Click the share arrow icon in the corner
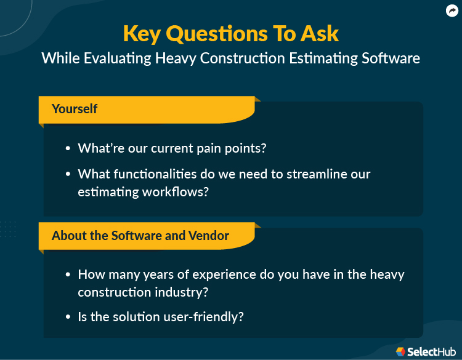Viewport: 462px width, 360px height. pos(452,10)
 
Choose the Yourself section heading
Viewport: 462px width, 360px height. pos(75,109)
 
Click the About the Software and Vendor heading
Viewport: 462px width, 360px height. pos(140,236)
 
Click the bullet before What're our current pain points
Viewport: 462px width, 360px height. pos(68,148)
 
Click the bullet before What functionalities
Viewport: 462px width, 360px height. pos(68,174)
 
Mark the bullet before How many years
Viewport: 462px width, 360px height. pos(68,274)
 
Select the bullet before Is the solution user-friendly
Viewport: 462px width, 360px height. pos(68,318)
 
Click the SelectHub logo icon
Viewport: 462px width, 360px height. pos(400,351)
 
